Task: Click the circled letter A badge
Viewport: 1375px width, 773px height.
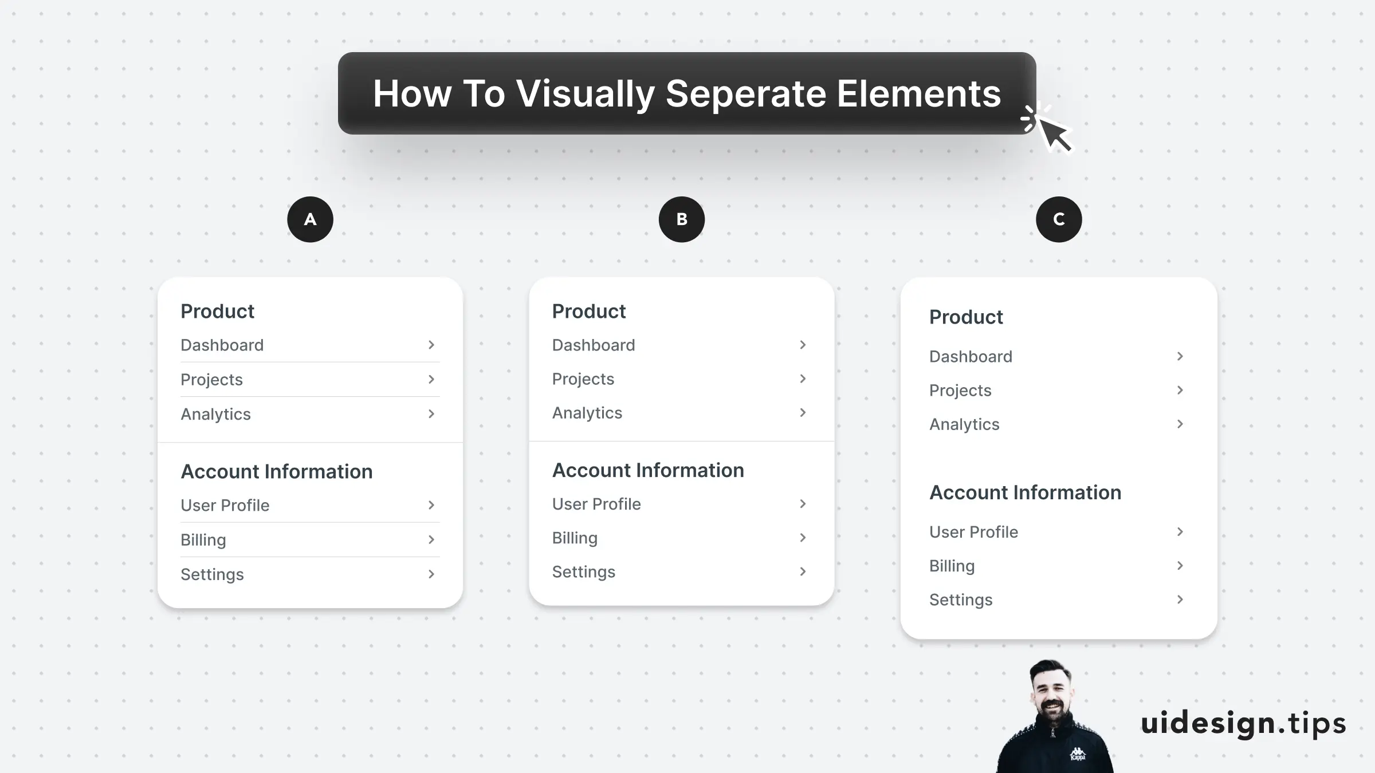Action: (310, 219)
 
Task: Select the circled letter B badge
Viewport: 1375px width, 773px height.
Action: (682, 219)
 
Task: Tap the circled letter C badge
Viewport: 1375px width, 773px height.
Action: (1059, 219)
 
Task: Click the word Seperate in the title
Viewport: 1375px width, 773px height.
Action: (746, 93)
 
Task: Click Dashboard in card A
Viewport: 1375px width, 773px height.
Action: (222, 345)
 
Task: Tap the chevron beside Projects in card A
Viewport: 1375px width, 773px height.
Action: (431, 379)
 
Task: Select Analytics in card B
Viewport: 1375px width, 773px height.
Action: (587, 413)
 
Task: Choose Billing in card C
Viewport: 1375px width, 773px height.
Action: (952, 566)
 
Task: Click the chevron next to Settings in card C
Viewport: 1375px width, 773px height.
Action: (1180, 600)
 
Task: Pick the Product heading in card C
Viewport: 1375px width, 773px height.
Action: (966, 317)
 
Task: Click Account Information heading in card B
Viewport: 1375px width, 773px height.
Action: (648, 470)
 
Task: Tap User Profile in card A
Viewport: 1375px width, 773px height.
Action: (225, 505)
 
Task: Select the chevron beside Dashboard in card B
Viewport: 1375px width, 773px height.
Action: (803, 345)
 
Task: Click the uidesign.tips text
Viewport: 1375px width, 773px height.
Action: (1243, 723)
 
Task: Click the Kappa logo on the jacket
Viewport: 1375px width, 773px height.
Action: (1078, 754)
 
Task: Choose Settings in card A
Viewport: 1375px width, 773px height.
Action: (212, 574)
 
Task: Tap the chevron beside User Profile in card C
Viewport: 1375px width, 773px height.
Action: (1180, 532)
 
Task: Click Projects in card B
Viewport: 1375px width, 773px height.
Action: (583, 379)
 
